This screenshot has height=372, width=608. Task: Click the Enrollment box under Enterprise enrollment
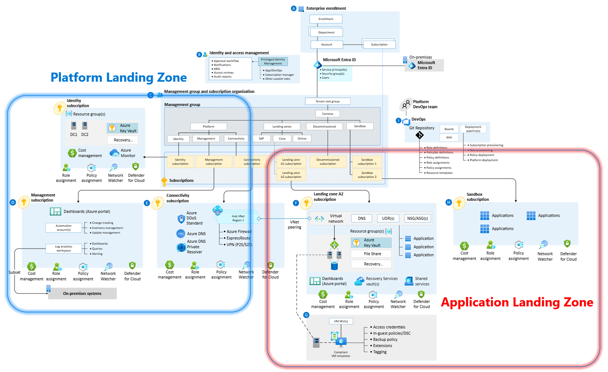tap(326, 19)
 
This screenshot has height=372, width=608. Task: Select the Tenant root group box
tap(327, 101)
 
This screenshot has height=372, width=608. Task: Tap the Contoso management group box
tap(327, 114)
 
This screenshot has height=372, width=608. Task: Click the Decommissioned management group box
tap(324, 127)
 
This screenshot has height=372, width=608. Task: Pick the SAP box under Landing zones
tap(261, 138)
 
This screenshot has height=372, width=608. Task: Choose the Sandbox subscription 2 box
tap(367, 175)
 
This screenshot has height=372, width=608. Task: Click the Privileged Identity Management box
tap(273, 61)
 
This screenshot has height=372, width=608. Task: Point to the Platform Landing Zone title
tap(118, 77)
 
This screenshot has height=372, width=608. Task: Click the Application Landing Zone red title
tap(517, 302)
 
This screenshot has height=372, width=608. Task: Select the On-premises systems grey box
tap(82, 293)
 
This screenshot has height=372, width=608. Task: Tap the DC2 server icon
tap(85, 126)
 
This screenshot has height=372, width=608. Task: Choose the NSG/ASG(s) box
tap(417, 218)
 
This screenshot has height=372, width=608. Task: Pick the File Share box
tap(372, 254)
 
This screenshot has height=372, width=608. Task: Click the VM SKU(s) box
tap(341, 321)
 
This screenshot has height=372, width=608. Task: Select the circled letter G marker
tap(306, 315)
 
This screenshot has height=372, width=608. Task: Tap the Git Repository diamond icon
tap(420, 135)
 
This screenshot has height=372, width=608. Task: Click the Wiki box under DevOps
tap(449, 137)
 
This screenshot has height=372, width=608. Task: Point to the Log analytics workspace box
tap(63, 249)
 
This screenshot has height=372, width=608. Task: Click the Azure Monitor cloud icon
tap(114, 153)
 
